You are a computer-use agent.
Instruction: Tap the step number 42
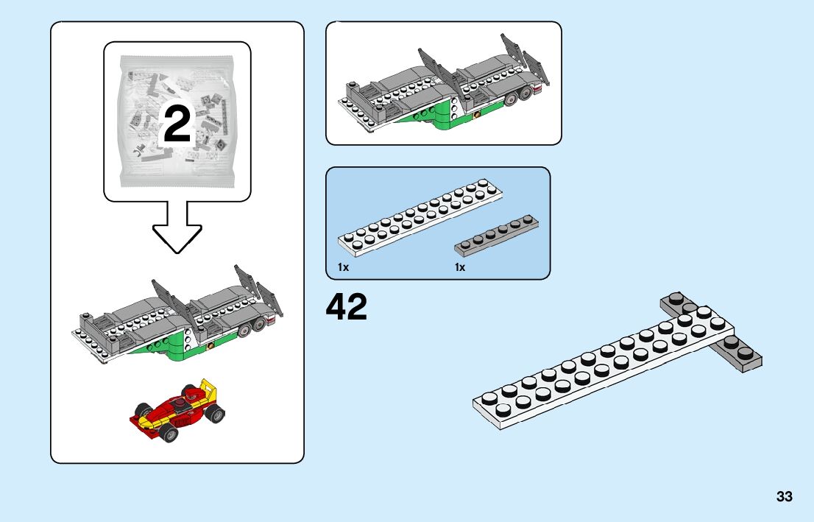coord(347,307)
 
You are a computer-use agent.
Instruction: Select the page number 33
coord(784,497)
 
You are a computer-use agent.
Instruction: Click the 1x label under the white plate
coord(344,267)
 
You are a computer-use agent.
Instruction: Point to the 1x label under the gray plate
coord(460,267)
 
